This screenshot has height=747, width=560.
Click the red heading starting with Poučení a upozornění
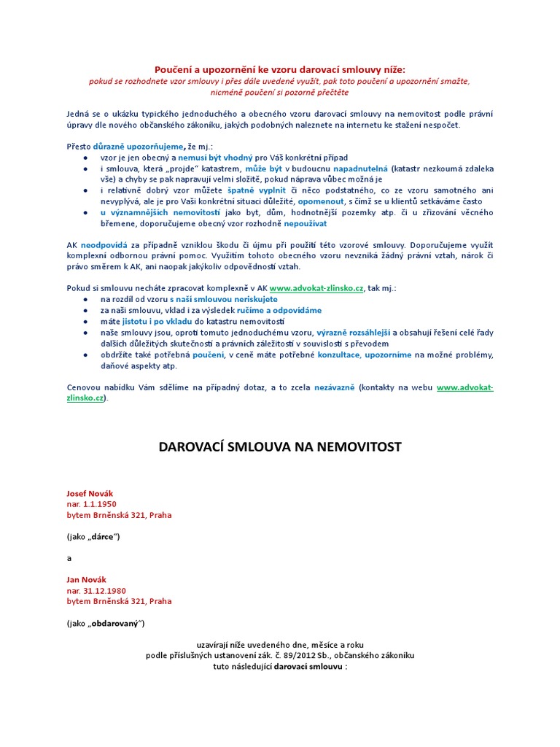(x=280, y=69)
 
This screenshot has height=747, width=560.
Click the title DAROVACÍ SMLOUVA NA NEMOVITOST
(x=280, y=446)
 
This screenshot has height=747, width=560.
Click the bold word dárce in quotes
(x=104, y=537)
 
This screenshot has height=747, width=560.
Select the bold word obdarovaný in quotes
(x=114, y=623)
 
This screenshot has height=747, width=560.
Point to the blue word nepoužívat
(x=295, y=222)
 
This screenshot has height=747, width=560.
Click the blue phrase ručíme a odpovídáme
(x=281, y=311)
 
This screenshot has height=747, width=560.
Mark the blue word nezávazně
(x=335, y=387)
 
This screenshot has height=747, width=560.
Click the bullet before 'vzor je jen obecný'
(x=87, y=158)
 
